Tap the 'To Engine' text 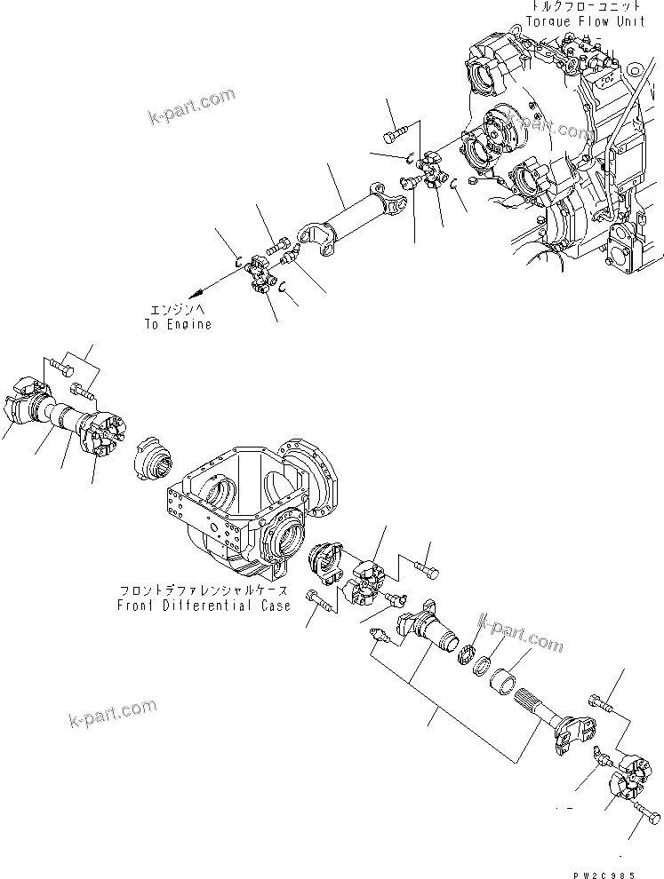click(178, 324)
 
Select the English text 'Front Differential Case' click(204, 606)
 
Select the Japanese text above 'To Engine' click(178, 311)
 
